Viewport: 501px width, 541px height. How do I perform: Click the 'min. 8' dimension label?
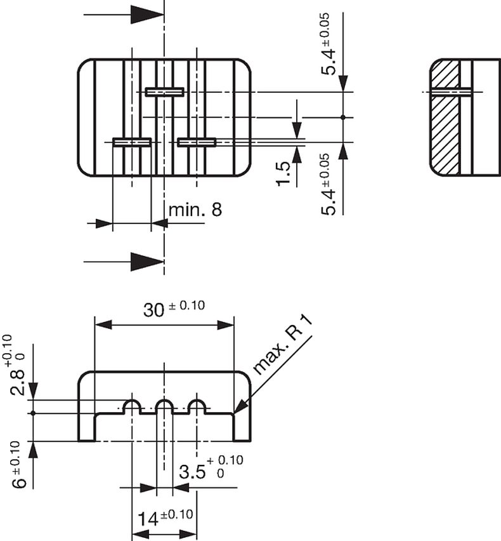(195, 210)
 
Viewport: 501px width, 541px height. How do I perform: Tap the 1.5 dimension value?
(283, 173)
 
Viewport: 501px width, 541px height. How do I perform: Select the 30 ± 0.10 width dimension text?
(174, 309)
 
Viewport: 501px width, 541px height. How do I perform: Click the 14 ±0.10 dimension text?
(166, 518)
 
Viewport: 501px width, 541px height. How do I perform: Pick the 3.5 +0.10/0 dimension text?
(211, 467)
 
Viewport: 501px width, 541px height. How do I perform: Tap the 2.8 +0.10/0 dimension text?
(16, 365)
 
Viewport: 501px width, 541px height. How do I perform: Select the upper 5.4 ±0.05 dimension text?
(328, 44)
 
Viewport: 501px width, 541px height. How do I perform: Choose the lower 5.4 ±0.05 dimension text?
(328, 185)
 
